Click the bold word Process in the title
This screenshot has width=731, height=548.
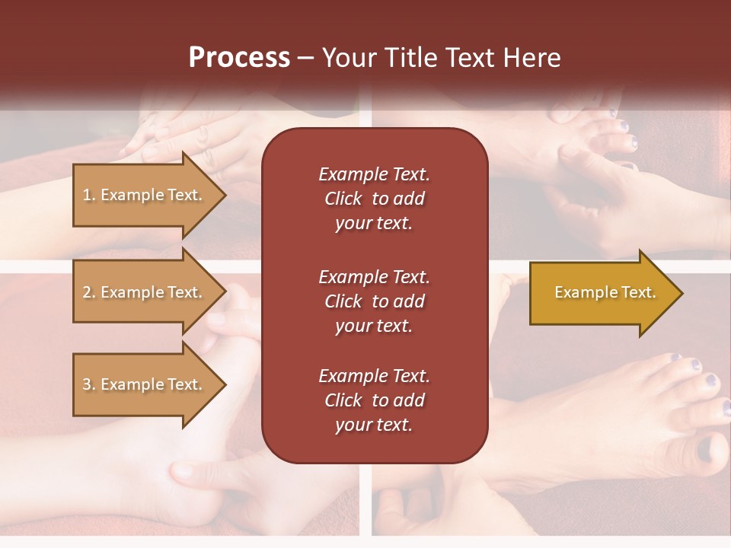point(239,58)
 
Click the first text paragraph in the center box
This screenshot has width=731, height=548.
point(374,199)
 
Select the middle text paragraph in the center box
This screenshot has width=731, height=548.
point(374,301)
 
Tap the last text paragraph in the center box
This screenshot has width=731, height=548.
point(374,400)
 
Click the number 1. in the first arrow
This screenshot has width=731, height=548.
point(89,195)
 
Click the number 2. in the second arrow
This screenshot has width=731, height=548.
point(89,292)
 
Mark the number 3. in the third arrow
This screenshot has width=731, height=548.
point(89,384)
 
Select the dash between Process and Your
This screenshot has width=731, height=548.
point(305,59)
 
